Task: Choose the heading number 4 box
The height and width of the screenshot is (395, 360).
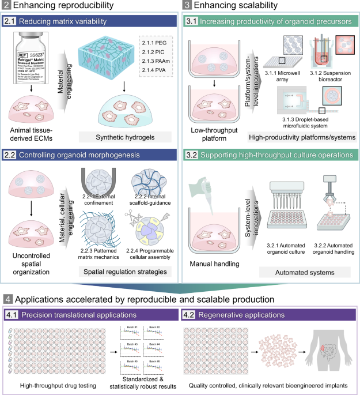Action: (x=7, y=299)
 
